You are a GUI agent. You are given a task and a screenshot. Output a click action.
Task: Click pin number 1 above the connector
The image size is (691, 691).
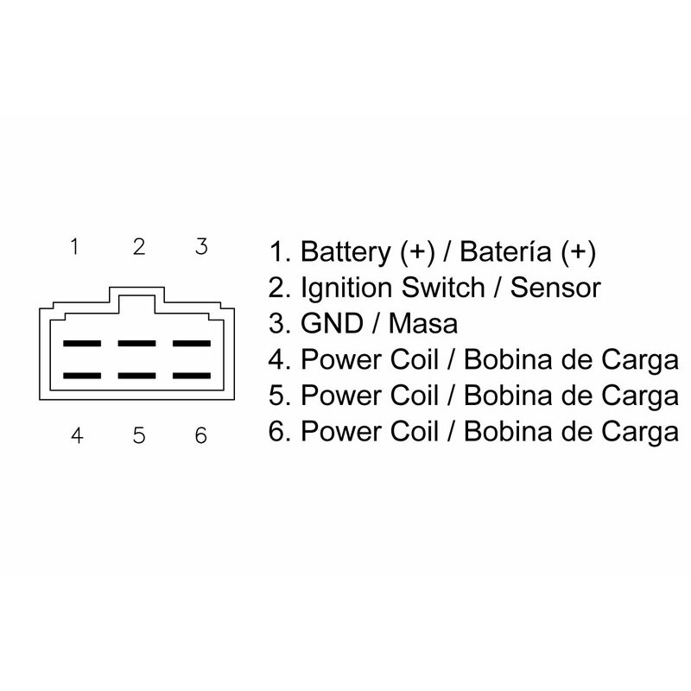point(75,248)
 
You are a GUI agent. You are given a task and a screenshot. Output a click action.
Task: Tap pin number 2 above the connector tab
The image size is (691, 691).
point(138,248)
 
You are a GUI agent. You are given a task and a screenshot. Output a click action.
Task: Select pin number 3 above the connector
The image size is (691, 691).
point(200,248)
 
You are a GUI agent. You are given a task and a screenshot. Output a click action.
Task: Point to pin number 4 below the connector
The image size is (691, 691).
point(77,436)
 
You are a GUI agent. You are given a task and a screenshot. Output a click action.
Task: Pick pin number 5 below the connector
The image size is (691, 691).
point(139,436)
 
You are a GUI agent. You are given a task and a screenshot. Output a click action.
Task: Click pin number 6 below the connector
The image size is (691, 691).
point(200,436)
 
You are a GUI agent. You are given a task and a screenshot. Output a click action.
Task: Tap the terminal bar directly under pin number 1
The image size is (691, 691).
point(82,343)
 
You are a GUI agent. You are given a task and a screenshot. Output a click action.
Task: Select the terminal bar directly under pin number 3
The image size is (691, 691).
point(193,343)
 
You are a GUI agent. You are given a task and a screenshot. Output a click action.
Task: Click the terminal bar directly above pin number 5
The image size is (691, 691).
point(137,376)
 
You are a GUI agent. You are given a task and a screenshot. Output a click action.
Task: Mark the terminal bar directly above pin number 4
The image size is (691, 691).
point(82,376)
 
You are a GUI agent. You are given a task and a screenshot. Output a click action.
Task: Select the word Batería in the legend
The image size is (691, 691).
point(504,253)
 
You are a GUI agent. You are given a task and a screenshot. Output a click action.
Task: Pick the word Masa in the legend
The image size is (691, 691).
point(423,325)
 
